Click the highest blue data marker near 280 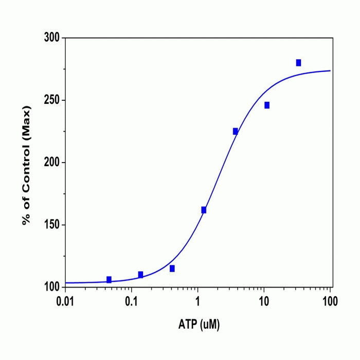(x=298, y=63)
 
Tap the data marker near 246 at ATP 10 (x=267, y=105)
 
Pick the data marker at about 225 (x=236, y=131)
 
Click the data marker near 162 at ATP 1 (x=204, y=210)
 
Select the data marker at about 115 (x=172, y=268)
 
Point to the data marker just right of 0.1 (x=140, y=275)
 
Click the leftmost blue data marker (x=109, y=280)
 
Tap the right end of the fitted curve (x=330, y=71)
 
